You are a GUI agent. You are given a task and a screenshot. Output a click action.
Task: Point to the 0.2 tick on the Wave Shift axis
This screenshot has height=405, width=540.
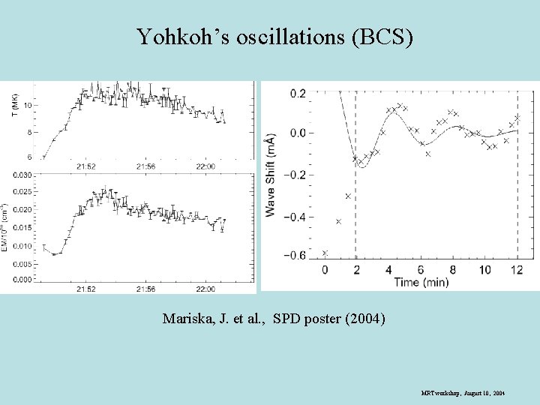[x=298, y=93]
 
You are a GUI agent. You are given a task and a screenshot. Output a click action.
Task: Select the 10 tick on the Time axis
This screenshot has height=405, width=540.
[x=485, y=270]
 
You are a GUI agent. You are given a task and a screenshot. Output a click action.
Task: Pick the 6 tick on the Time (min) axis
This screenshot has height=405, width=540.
[x=421, y=270]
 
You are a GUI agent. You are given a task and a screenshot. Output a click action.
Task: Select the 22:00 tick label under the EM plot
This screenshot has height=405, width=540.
[x=205, y=289]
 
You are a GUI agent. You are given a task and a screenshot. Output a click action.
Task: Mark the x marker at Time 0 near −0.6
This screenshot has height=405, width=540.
[x=325, y=253]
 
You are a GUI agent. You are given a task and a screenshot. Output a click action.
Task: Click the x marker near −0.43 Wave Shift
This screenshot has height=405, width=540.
[x=338, y=221]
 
